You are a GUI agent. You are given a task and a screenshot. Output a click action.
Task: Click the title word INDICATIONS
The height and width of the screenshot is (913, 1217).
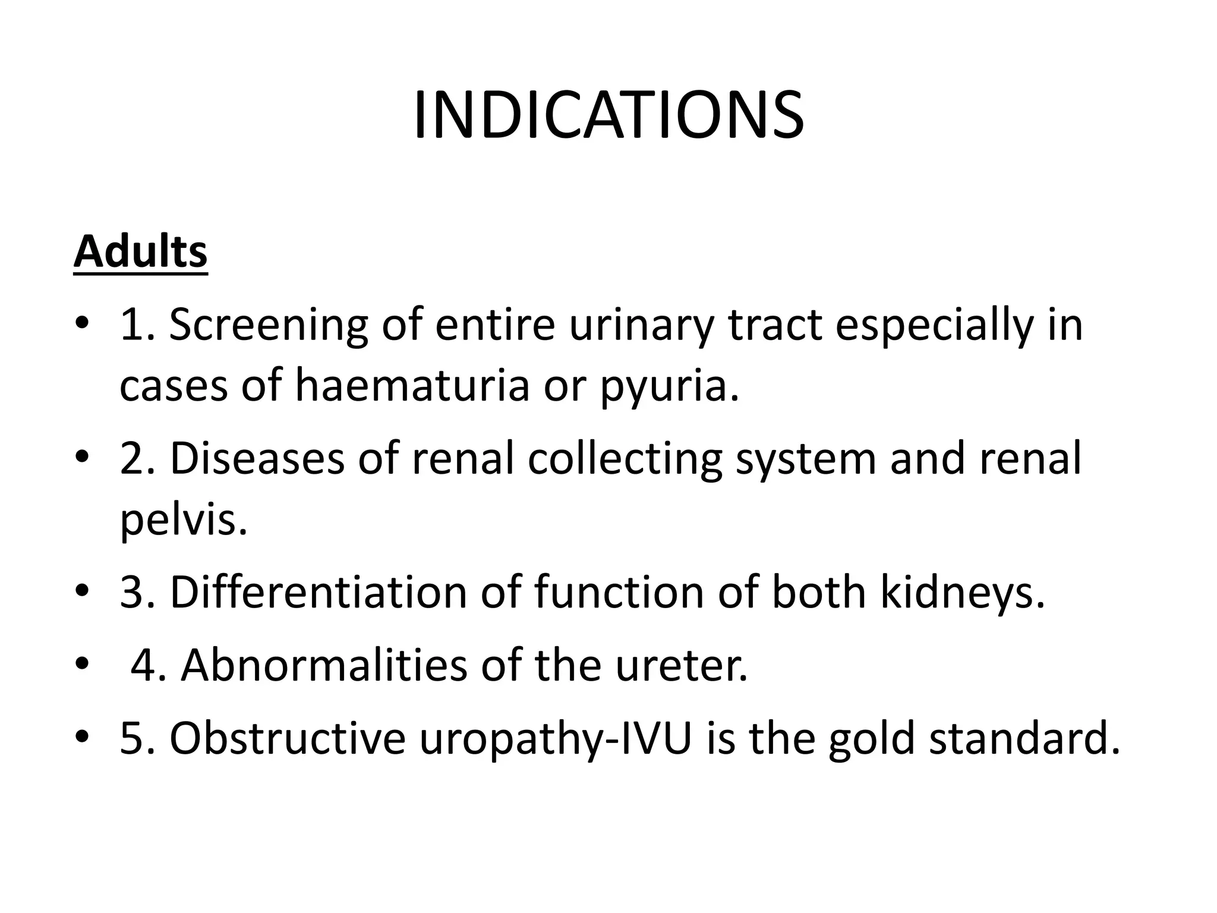click(x=608, y=116)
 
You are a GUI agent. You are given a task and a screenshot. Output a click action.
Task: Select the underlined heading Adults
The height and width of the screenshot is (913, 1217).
click(x=140, y=252)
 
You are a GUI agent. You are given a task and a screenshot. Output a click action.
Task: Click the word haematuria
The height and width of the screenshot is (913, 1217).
click(x=412, y=385)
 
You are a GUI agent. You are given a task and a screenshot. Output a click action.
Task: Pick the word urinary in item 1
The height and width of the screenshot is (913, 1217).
click(x=642, y=326)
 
